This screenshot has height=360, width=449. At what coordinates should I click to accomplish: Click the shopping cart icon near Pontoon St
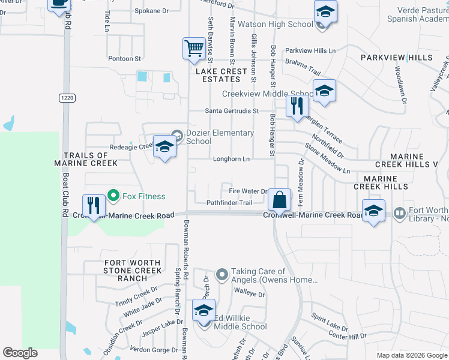coord(194,49)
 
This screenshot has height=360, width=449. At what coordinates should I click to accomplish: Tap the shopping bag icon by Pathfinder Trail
coord(280,200)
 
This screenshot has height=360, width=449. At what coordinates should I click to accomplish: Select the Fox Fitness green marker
coord(111,196)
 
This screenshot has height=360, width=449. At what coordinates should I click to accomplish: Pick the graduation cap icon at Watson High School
coord(325,13)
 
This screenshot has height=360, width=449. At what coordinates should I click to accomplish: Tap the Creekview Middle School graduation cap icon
coord(324,91)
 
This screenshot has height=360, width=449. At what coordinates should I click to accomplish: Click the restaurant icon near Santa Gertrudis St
coord(297,107)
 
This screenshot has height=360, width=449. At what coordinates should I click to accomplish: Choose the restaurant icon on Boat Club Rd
coord(94,206)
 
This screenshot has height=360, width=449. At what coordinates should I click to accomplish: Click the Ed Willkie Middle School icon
coord(203,311)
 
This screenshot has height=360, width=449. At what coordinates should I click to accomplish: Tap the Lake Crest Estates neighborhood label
coord(221,75)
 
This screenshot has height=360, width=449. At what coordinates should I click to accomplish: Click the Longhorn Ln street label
coord(231,159)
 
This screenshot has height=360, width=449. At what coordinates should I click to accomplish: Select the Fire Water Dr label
coord(248,191)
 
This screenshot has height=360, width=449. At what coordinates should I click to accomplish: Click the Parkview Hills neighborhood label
coord(396,58)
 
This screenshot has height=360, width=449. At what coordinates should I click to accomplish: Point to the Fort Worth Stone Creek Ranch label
coord(133,271)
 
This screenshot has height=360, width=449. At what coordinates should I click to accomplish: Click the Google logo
coord(20,352)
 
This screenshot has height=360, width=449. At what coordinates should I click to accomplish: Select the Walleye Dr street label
coord(249,294)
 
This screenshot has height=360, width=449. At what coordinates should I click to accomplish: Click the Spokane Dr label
coord(151,11)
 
